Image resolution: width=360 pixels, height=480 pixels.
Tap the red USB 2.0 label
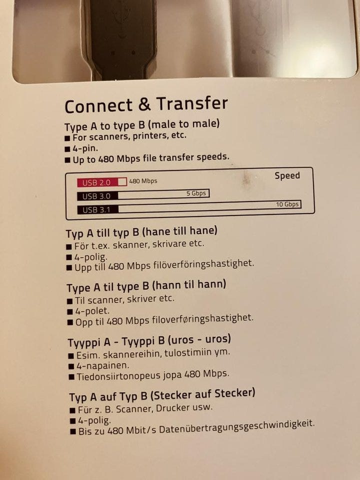click(96, 182)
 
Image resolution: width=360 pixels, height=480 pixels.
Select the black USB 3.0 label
click(97, 196)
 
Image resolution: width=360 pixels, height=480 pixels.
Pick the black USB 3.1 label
click(97, 210)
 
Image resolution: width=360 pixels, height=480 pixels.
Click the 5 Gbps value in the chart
click(196, 193)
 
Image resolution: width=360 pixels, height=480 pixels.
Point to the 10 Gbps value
click(287, 204)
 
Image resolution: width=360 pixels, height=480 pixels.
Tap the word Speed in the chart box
click(287, 175)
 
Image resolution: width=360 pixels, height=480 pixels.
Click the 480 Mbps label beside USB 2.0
click(143, 181)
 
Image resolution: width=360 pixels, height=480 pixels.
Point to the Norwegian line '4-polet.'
click(92, 311)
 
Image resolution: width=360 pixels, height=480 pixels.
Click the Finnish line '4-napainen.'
click(103, 365)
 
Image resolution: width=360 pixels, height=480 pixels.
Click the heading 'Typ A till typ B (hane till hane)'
click(141, 232)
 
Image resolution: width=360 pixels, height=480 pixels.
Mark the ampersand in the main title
click(144, 104)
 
